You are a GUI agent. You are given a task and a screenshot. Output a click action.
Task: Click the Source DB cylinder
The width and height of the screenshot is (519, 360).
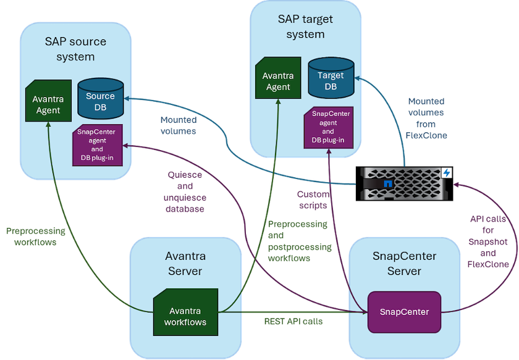point(100,101)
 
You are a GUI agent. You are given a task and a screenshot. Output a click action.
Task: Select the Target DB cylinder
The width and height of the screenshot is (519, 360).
point(331,78)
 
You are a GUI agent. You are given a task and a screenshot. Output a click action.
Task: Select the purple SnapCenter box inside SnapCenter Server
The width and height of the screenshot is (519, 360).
point(407,312)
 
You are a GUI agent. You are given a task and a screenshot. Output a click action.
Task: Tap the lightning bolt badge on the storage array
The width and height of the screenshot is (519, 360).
point(447,174)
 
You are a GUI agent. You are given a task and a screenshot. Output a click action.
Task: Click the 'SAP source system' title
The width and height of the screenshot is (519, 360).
point(75,49)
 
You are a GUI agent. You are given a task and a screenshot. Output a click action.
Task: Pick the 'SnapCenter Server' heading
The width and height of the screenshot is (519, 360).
point(404,264)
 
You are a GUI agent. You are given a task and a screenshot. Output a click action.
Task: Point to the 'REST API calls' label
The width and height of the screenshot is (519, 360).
point(294,321)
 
